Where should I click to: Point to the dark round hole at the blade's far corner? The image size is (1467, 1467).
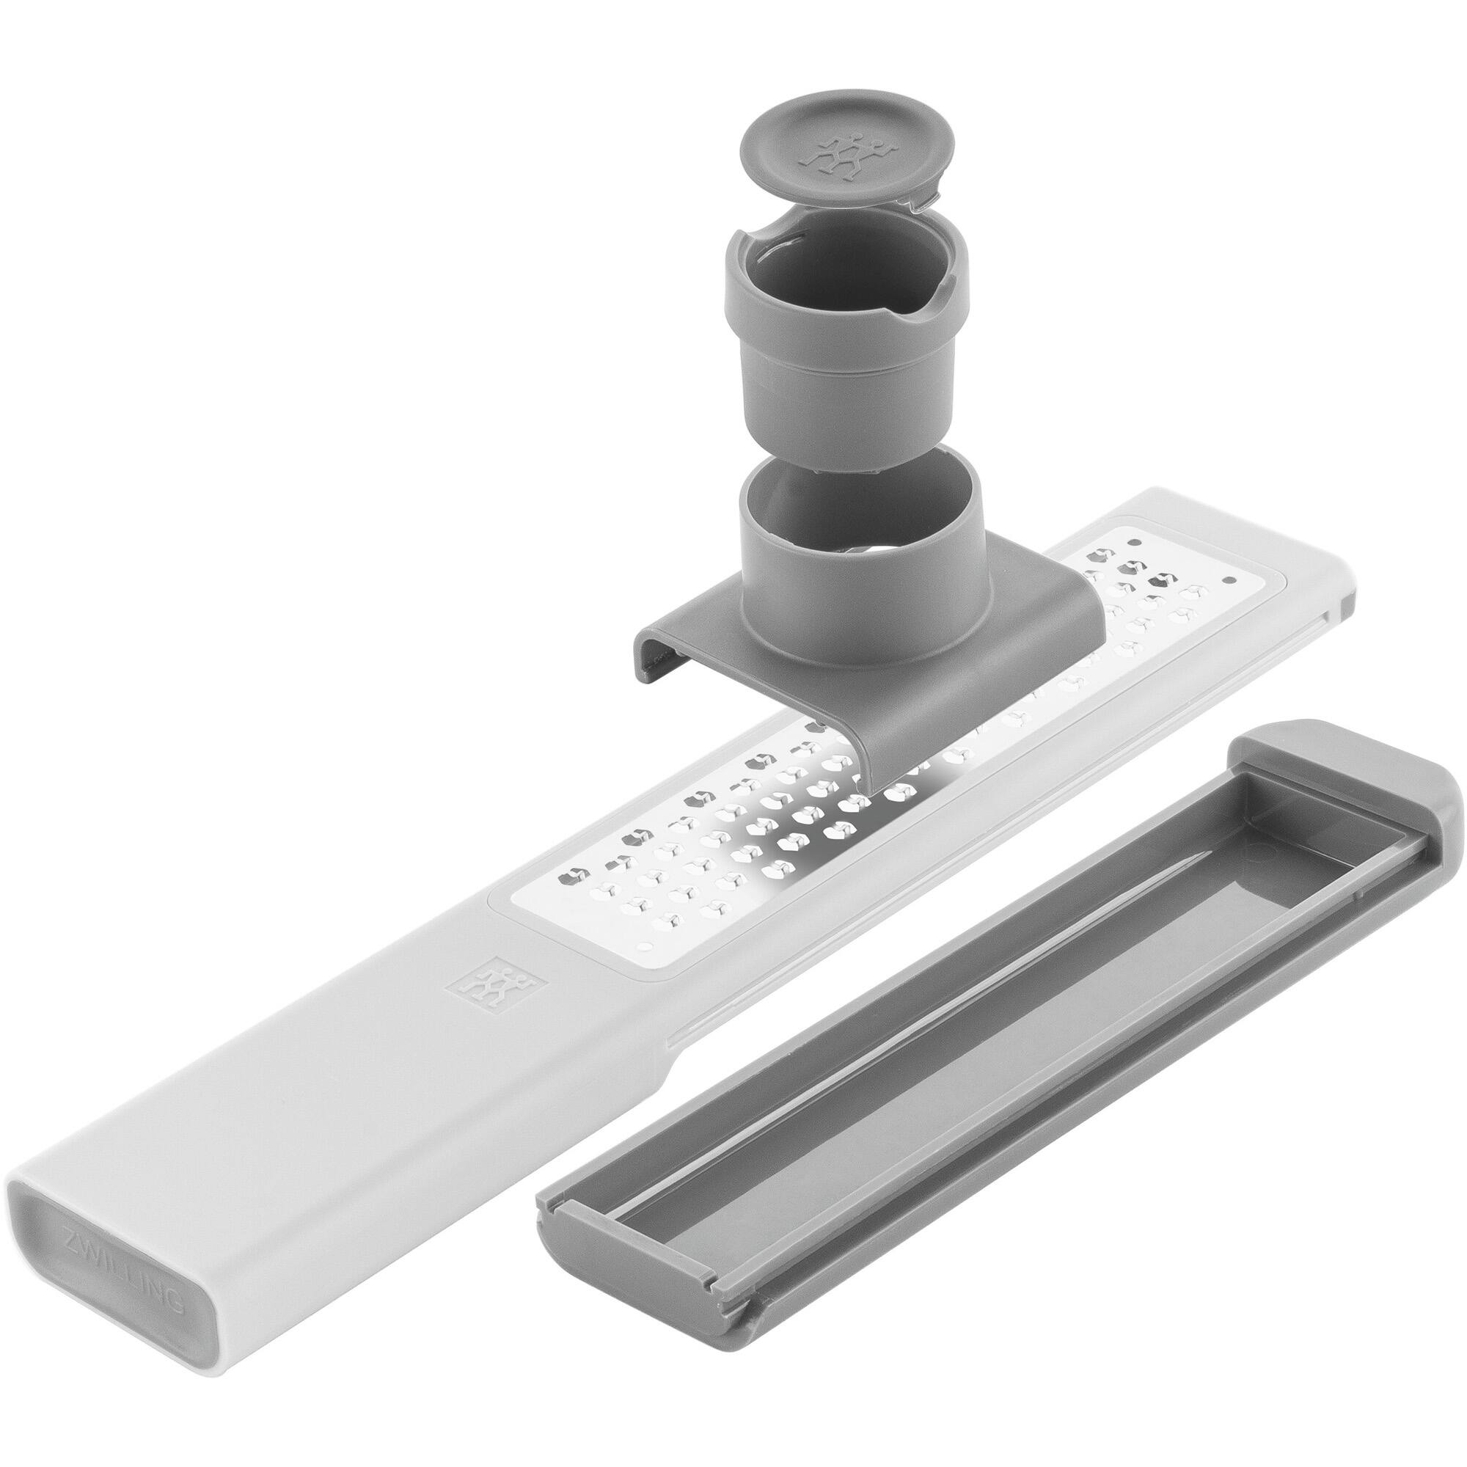tap(1136, 542)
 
